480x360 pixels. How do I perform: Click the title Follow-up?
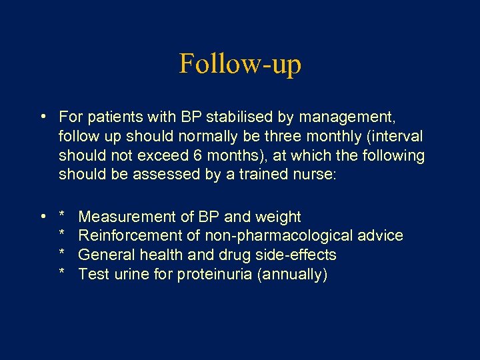240,64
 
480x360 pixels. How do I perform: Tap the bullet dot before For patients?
43,117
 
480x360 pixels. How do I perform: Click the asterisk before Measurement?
62,217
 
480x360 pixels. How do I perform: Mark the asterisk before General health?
62,255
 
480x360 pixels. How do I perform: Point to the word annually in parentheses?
292,275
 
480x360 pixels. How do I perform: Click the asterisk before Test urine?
62,275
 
